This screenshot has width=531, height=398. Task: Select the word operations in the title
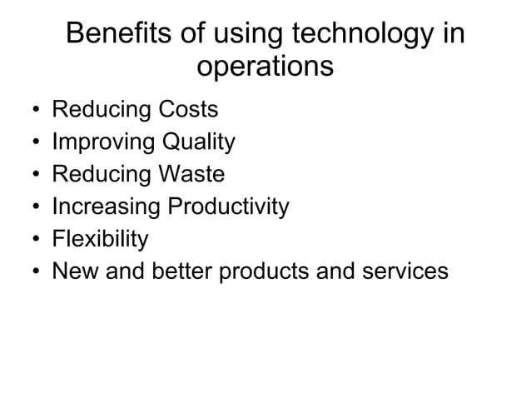click(x=265, y=67)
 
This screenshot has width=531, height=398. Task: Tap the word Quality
click(x=198, y=142)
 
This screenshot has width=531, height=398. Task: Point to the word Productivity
click(x=229, y=206)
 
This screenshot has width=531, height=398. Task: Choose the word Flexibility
click(x=100, y=239)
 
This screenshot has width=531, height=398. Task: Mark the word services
click(x=407, y=271)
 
